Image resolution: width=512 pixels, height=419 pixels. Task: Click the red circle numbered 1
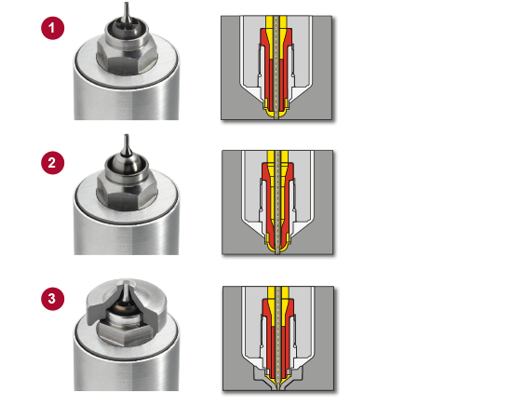coord(52,28)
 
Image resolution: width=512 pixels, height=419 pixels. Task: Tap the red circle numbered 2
coord(52,163)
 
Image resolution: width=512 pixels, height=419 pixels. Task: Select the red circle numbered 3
coord(52,299)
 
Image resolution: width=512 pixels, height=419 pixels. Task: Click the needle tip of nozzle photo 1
coord(127,4)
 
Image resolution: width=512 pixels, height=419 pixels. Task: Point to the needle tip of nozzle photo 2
coord(127,135)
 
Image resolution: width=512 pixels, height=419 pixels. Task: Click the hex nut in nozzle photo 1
coord(127,62)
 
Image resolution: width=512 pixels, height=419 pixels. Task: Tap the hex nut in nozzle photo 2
coord(127,196)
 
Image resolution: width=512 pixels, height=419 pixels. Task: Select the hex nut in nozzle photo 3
coord(127,333)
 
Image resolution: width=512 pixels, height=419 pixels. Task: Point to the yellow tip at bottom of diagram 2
coord(277,249)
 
